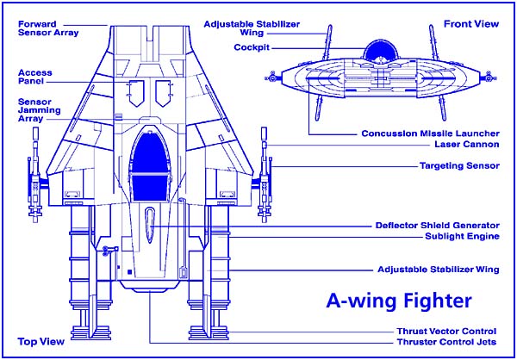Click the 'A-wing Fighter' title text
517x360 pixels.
click(399, 301)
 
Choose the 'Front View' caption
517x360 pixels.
click(476, 22)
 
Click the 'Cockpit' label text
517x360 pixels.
click(252, 48)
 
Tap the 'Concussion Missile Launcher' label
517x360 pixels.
click(429, 134)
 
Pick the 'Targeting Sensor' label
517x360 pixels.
click(458, 165)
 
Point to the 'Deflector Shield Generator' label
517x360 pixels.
click(437, 226)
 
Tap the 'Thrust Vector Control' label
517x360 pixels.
click(446, 332)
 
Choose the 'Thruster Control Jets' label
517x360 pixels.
click(446, 343)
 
